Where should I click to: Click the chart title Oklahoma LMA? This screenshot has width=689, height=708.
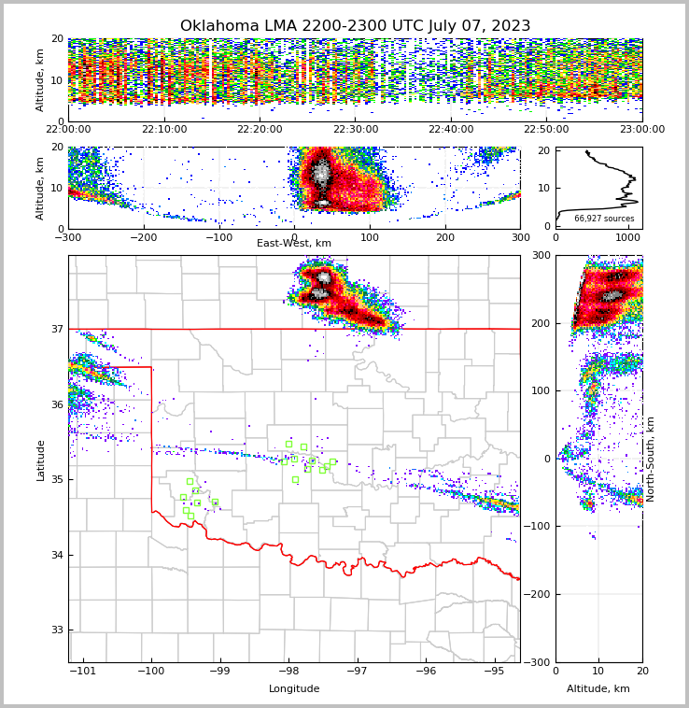pyautogui.click(x=355, y=26)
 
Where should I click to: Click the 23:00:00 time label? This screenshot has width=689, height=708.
pyautogui.click(x=642, y=130)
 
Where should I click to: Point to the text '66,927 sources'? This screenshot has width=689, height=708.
pyautogui.click(x=604, y=219)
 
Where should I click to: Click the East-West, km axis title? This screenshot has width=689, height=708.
pyautogui.click(x=294, y=244)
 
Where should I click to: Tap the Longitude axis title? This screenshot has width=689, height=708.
pyautogui.click(x=294, y=689)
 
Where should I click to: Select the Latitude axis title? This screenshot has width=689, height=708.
pyautogui.click(x=40, y=460)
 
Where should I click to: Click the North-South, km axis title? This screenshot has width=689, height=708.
pyautogui.click(x=651, y=460)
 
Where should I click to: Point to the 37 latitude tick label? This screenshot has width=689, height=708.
pyautogui.click(x=56, y=329)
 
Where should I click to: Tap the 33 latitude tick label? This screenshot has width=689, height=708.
pyautogui.click(x=56, y=630)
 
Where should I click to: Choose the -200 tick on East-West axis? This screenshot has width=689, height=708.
pyautogui.click(x=143, y=237)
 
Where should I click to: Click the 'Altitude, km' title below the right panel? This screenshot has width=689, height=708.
pyautogui.click(x=598, y=689)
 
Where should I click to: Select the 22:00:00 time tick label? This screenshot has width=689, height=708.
pyautogui.click(x=68, y=130)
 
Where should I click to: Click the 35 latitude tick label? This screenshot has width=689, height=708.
pyautogui.click(x=56, y=480)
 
